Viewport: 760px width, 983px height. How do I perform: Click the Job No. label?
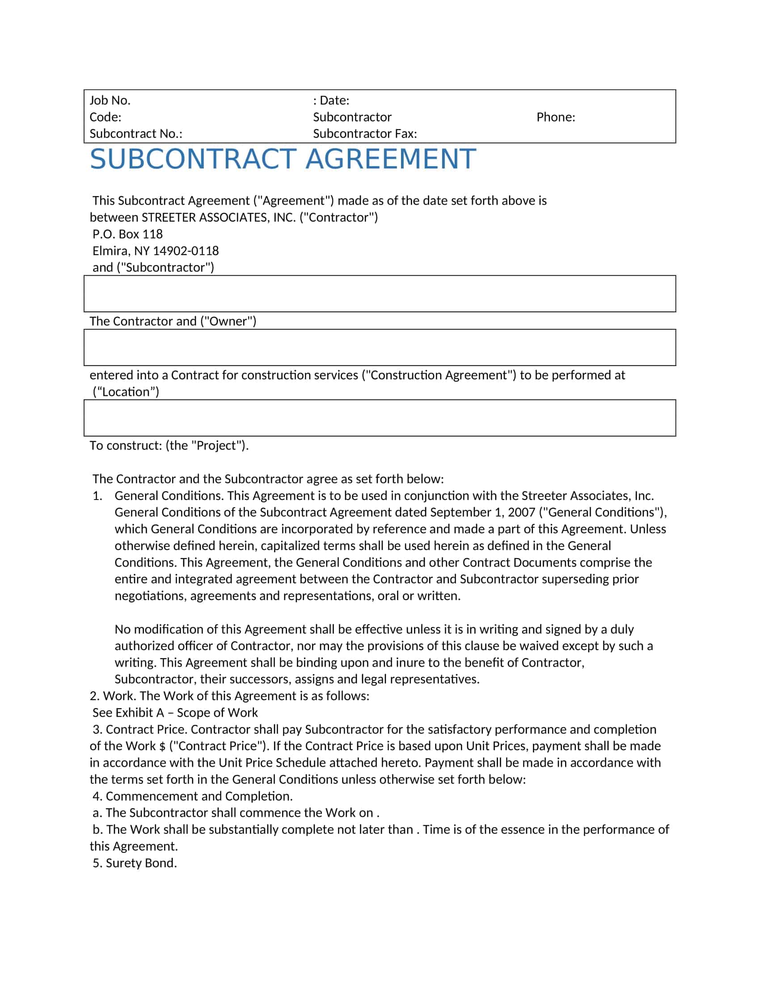110,101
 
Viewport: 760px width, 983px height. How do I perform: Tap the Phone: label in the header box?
556,117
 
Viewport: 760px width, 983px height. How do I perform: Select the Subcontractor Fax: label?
365,134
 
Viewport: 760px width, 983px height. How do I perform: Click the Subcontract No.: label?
135,134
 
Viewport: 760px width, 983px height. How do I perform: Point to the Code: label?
106,117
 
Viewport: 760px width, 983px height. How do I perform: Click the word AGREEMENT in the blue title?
390,159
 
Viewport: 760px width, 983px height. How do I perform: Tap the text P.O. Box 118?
127,234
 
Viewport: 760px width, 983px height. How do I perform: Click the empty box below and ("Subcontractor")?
380,294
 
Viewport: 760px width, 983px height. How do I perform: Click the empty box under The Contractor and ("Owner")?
380,348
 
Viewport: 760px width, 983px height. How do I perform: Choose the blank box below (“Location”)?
380,418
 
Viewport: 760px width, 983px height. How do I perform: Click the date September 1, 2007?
482,512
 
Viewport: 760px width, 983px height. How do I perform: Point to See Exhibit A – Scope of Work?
175,713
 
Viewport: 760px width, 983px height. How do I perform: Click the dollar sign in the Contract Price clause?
162,746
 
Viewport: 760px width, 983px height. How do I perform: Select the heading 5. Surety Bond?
135,863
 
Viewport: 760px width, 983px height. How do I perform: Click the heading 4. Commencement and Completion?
192,796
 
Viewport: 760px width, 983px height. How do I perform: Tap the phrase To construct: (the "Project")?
169,445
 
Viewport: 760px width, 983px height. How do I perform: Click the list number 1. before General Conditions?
97,496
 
